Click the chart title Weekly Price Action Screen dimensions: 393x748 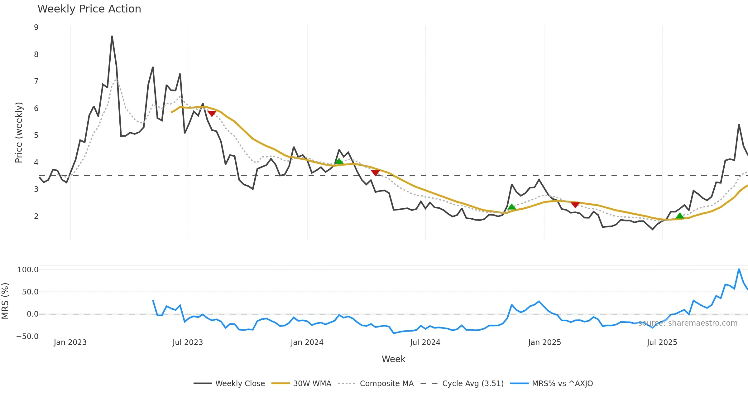pos(89,9)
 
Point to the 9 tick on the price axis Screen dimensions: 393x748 pos(36,27)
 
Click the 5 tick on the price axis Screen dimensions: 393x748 pos(36,135)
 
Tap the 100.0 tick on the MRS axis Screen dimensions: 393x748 pos(28,270)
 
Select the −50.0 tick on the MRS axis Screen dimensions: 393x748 pos(27,337)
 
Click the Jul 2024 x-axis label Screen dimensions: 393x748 pos(425,342)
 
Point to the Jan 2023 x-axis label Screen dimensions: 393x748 pos(70,342)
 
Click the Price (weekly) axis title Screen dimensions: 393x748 pos(19,133)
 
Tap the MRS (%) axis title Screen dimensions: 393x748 pos(5,301)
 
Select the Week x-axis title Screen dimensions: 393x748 pos(393,359)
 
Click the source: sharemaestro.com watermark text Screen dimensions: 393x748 pos(688,323)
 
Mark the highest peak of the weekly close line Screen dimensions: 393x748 pos(112,36)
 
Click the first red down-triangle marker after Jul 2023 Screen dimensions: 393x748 pos(212,114)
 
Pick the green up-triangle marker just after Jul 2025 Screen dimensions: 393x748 pos(680,216)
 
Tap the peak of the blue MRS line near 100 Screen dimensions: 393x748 pos(739,269)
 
